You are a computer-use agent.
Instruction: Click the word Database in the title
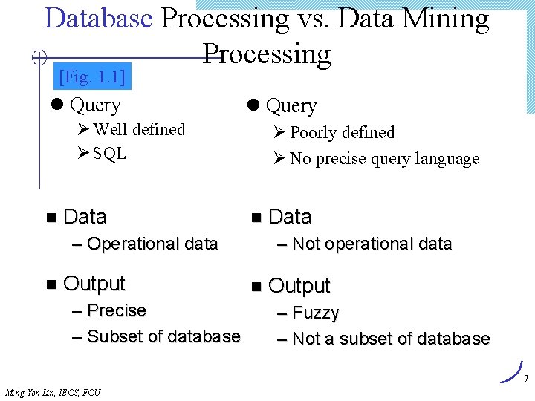[x=98, y=18]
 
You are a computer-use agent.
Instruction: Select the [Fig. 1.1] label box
[x=92, y=76]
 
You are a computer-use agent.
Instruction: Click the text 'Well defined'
[x=139, y=130]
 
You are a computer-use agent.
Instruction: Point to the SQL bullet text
[x=110, y=154]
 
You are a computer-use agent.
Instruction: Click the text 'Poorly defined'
[x=342, y=133]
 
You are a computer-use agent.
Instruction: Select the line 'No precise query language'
[x=384, y=159]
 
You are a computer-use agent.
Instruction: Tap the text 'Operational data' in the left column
[x=152, y=244]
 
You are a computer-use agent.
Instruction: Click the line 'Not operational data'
[x=372, y=244]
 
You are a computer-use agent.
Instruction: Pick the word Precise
[x=117, y=310]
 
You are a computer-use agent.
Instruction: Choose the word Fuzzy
[x=316, y=313]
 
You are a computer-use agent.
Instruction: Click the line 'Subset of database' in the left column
[x=163, y=336]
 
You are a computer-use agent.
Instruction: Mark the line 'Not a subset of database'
[x=391, y=339]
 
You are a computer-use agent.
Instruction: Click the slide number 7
[x=525, y=379]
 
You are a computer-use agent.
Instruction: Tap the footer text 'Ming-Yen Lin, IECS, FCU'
[x=53, y=393]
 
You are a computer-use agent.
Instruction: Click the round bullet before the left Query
[x=57, y=105]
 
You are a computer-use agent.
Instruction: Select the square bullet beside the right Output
[x=257, y=286]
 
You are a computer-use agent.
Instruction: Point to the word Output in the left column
[x=94, y=283]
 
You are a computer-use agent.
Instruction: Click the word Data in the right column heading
[x=290, y=217]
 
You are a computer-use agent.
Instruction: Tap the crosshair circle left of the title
[x=41, y=57]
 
